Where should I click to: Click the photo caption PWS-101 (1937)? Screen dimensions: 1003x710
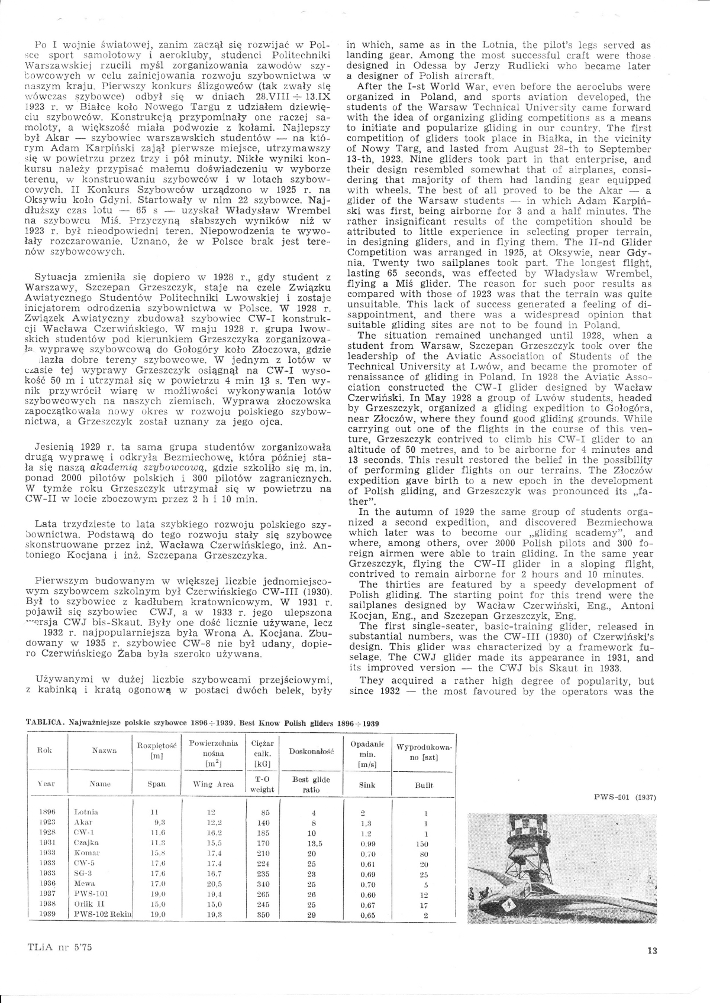625,797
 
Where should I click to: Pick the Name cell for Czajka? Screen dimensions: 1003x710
87,842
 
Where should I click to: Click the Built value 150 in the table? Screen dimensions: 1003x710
422,844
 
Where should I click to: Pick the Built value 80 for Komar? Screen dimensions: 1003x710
424,854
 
